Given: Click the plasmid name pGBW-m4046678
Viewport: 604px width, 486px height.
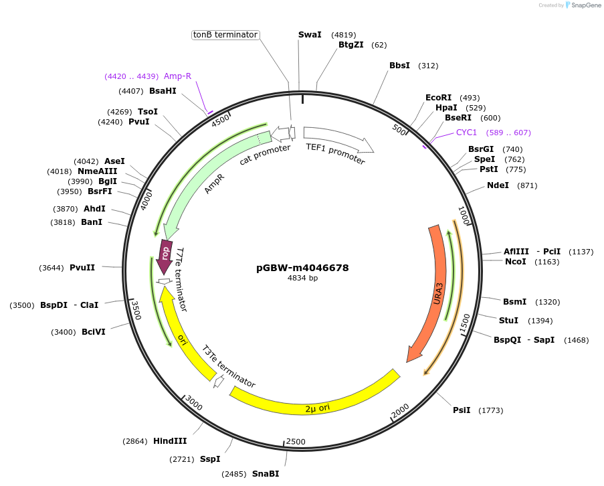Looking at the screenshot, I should coord(302,268).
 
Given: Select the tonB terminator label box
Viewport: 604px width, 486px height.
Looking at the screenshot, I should coord(225,35).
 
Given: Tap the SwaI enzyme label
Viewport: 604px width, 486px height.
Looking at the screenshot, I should coord(310,35).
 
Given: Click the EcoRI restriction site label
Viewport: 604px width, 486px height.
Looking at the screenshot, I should coord(438,98).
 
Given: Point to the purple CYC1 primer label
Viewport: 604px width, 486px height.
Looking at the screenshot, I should coord(467,133).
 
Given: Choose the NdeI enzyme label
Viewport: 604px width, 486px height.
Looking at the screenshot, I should coord(498,185).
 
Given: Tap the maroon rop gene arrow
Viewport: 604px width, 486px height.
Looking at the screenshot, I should coord(164,255).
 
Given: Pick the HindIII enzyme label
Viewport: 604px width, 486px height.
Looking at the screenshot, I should coord(170,441).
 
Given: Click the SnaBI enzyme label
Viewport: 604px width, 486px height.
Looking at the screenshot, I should coord(266,474).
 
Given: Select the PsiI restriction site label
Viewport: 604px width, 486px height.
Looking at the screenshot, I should coord(462,410).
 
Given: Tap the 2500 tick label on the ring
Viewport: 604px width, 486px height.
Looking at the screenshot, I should coord(296,442).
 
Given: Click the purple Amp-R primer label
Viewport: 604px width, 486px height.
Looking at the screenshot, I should coord(177,76).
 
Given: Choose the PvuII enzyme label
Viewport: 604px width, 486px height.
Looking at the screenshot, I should coord(82,268).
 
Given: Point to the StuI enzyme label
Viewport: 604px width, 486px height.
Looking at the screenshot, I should coord(508,321).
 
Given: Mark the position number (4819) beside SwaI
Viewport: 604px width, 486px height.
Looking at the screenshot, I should coord(343,35).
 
